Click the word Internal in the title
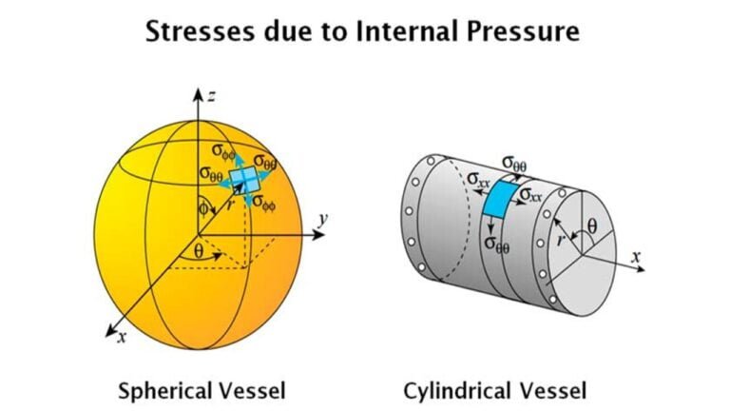[x=406, y=31]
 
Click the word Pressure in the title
[x=524, y=31]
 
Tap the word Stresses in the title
[x=201, y=31]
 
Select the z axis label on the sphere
[x=211, y=96]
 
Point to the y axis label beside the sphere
[x=323, y=219]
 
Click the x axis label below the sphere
[x=122, y=337]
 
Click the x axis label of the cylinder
[x=636, y=256]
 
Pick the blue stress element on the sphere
[x=244, y=180]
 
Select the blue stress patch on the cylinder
[x=500, y=199]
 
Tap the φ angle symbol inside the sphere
[x=203, y=208]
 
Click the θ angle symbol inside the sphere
[x=199, y=251]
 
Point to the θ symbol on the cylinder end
[x=592, y=226]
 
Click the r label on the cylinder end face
[x=562, y=240]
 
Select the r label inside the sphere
[x=229, y=205]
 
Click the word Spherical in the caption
[x=163, y=390]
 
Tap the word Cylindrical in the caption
[x=454, y=390]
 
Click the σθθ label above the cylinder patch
[x=514, y=164]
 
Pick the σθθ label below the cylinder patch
[x=497, y=245]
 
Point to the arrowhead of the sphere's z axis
[x=199, y=93]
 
